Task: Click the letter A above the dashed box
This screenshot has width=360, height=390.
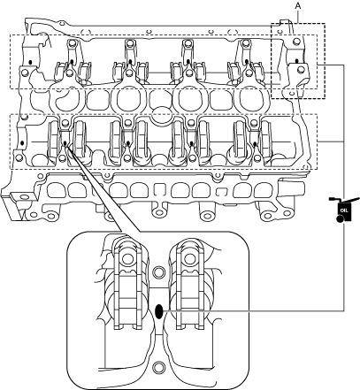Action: pyautogui.click(x=298, y=6)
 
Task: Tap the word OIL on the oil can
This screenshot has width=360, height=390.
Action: pyautogui.click(x=344, y=210)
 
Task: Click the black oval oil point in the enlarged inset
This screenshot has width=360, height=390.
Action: pyautogui.click(x=159, y=311)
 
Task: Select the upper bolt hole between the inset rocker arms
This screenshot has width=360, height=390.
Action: pyautogui.click(x=159, y=272)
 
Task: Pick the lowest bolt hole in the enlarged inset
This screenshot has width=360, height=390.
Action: pyautogui.click(x=159, y=367)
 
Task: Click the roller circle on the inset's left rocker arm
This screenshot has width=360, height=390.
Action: pyautogui.click(x=128, y=259)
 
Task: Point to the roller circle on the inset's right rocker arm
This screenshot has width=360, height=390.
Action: pyautogui.click(x=189, y=259)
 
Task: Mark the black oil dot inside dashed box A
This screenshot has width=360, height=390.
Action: pyautogui.click(x=297, y=61)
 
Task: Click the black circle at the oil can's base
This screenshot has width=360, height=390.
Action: pyautogui.click(x=339, y=218)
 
